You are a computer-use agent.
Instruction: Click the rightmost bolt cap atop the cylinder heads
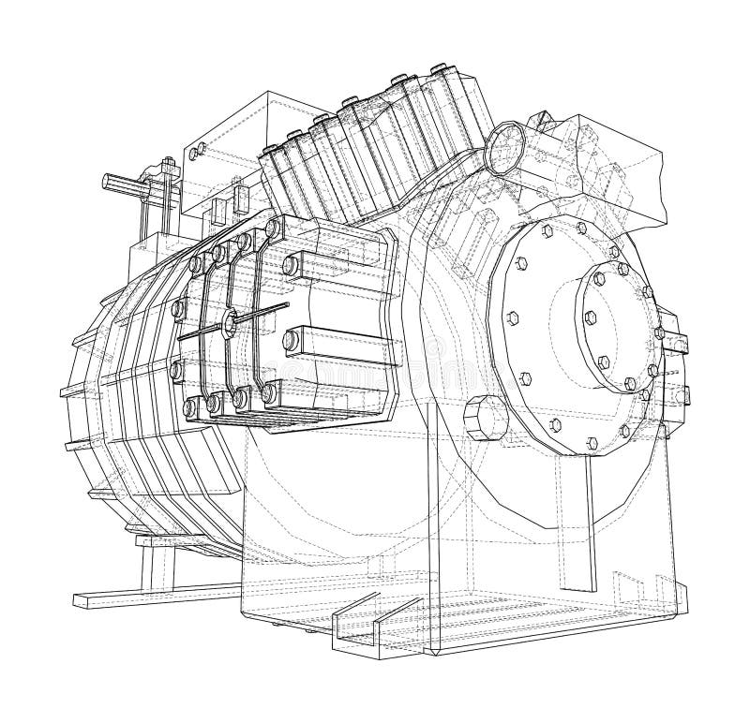441,70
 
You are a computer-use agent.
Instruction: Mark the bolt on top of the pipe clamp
168,167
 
